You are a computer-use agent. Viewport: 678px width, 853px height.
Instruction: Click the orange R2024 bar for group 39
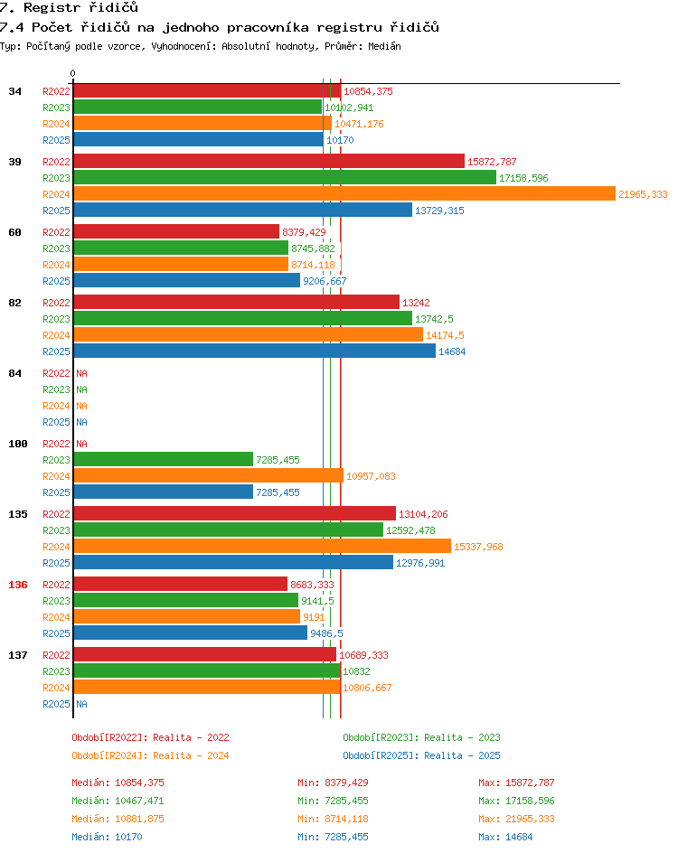(344, 193)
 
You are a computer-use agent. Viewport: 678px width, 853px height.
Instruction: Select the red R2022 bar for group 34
(207, 91)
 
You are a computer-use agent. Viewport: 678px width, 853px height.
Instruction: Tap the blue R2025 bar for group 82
(255, 351)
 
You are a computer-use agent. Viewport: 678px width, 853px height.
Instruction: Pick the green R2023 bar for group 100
(164, 460)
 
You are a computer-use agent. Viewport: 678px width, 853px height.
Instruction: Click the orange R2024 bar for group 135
(262, 546)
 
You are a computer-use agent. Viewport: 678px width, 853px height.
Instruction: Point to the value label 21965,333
(643, 194)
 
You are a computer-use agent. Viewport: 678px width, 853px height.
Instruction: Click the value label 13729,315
(439, 211)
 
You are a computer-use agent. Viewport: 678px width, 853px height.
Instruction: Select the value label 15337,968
(478, 547)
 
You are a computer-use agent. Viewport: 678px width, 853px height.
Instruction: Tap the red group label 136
(18, 585)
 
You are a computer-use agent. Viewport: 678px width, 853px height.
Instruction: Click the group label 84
(14, 373)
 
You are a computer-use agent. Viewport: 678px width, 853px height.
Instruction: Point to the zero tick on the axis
(73, 73)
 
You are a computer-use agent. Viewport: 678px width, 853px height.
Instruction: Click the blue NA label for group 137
(81, 704)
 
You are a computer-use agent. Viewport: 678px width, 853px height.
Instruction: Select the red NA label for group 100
(81, 444)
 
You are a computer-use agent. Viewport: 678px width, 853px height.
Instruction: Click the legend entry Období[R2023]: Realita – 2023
(421, 737)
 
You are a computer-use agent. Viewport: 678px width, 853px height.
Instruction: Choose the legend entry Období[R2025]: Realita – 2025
(421, 755)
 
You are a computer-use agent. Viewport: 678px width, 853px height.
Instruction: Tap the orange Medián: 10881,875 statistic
(118, 819)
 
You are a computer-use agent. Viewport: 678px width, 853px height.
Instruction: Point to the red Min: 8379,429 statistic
(333, 783)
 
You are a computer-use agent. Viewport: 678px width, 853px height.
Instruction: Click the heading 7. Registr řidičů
(69, 7)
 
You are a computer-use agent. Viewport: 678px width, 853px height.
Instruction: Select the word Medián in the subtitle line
(384, 46)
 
